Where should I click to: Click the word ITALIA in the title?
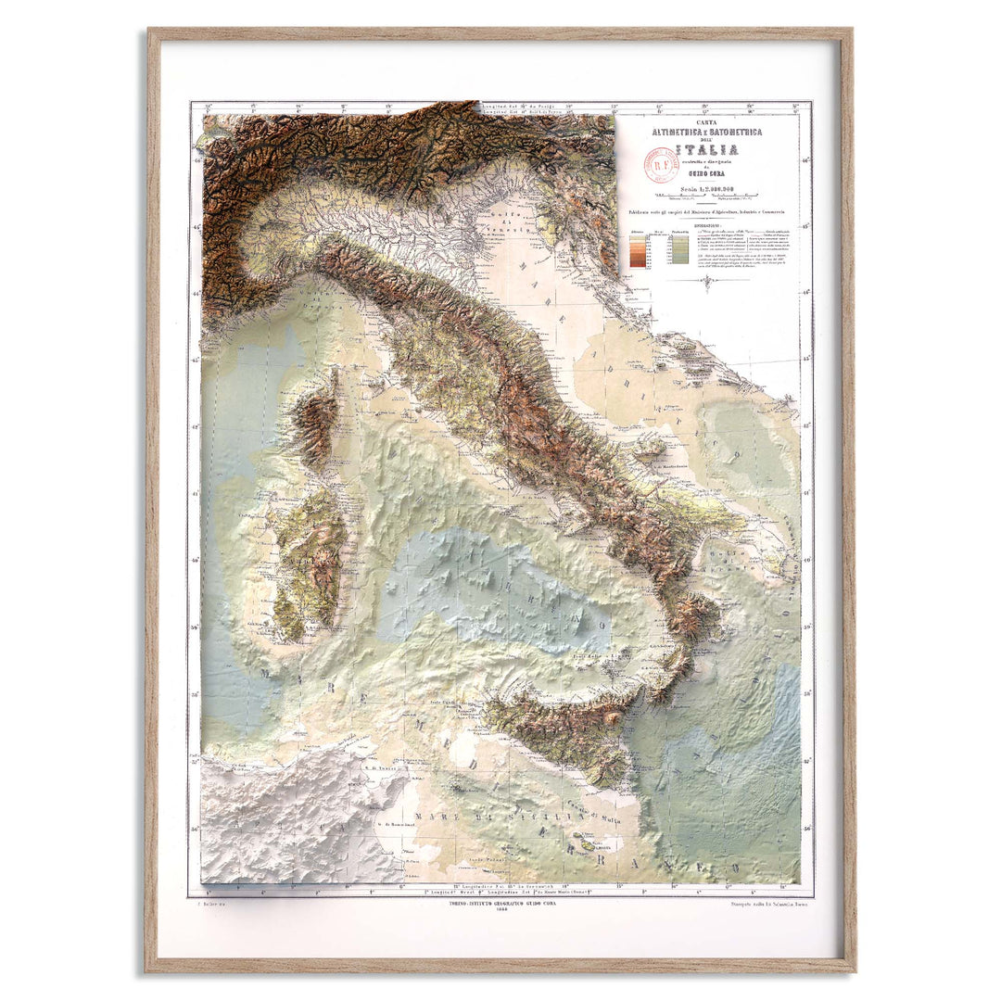[706, 150]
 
